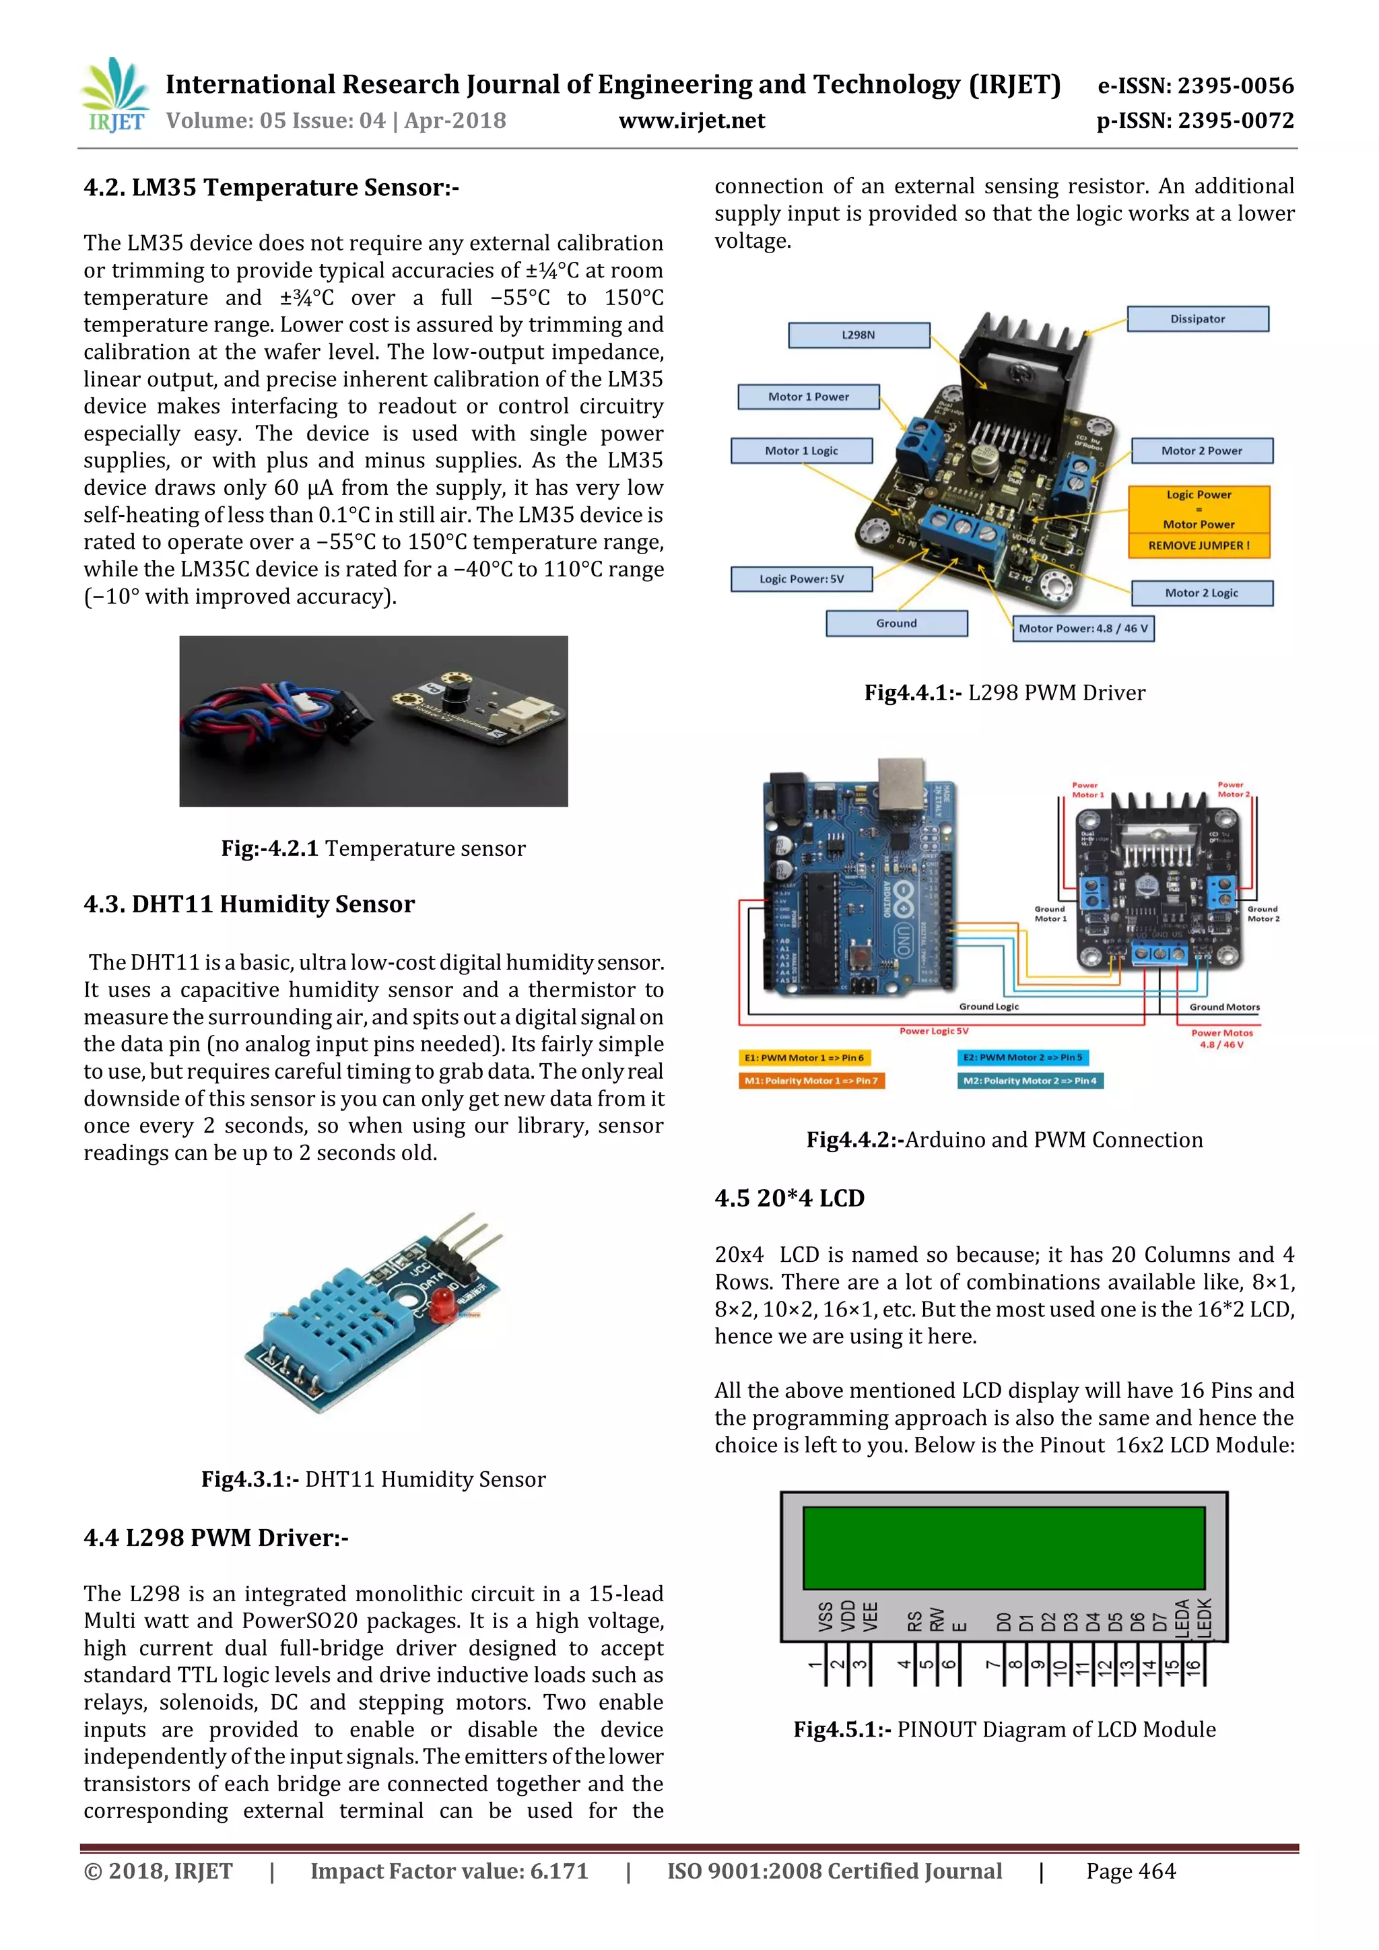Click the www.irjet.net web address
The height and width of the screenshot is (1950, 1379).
tap(692, 121)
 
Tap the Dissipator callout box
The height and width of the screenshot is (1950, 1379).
tap(1197, 319)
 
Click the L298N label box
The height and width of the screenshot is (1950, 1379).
tap(859, 335)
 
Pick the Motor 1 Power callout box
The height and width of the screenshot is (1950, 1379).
tap(809, 397)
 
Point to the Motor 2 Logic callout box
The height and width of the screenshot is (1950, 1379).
tap(1201, 593)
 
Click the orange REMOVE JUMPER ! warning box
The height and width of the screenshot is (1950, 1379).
tap(1198, 545)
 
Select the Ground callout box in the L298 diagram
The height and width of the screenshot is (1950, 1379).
tap(897, 624)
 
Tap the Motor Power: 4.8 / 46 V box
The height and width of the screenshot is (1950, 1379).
tap(1083, 628)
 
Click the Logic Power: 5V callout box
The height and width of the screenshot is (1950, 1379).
tap(801, 579)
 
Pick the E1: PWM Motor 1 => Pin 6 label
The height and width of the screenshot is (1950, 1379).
tap(804, 1057)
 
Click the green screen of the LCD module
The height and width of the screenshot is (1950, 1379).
tap(1004, 1547)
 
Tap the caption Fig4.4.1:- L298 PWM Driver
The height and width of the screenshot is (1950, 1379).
tap(1005, 693)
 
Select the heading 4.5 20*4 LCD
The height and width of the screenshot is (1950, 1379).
tap(789, 1199)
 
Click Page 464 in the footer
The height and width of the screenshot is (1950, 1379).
tap(1131, 1871)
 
